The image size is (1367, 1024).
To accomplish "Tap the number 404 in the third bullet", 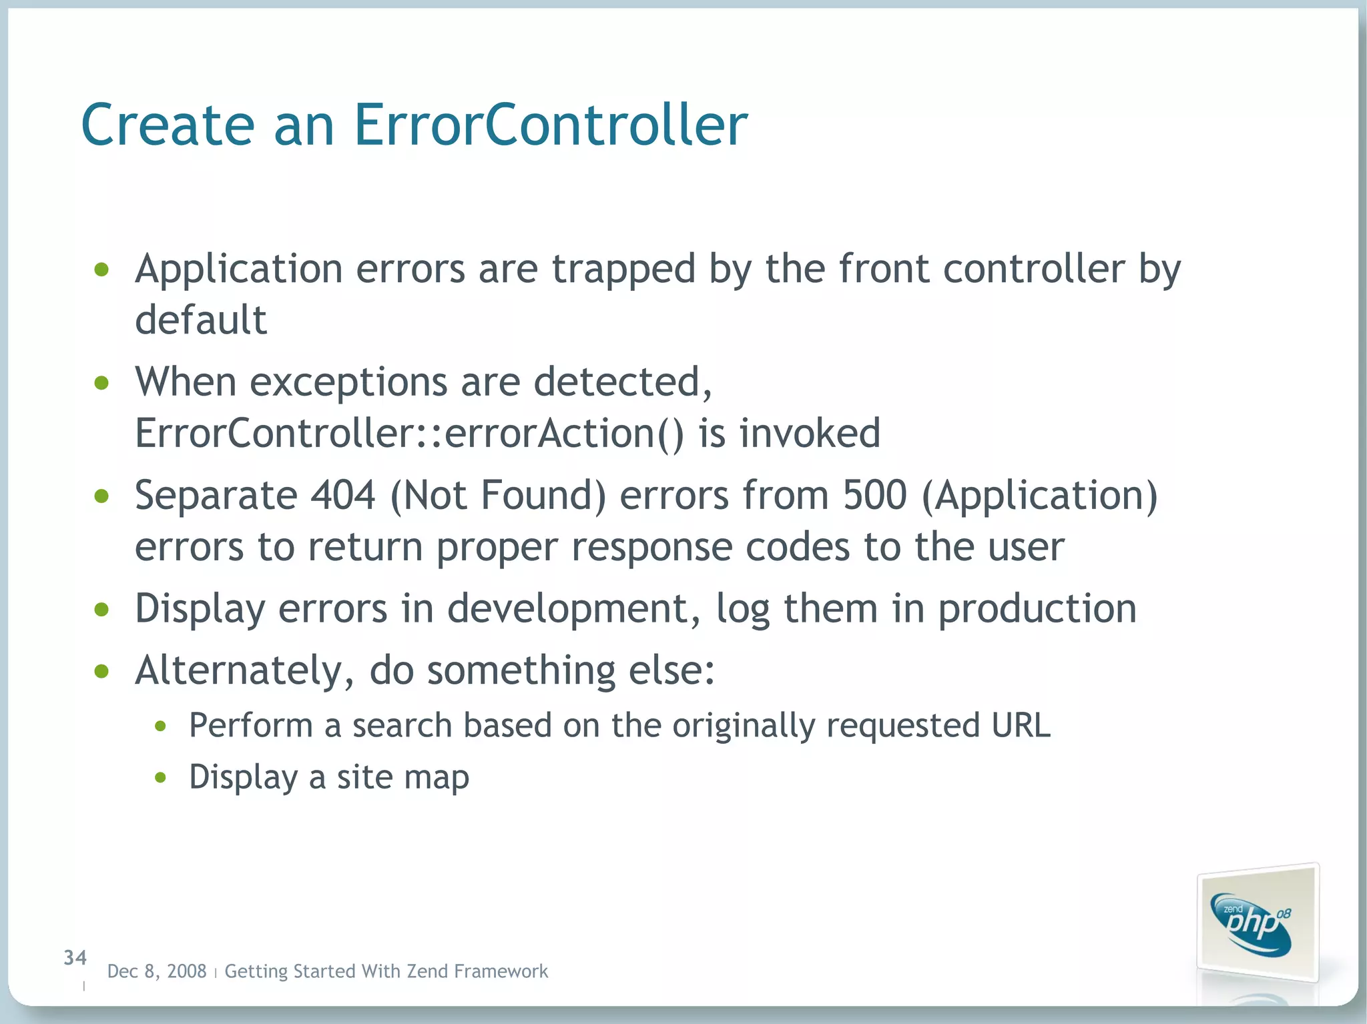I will click(x=343, y=496).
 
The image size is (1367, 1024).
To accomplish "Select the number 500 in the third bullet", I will click(x=874, y=496).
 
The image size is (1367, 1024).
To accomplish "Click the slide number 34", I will click(x=75, y=958).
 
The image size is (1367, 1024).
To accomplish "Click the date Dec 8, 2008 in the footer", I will click(x=157, y=971).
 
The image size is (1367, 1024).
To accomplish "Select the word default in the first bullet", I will click(x=201, y=320).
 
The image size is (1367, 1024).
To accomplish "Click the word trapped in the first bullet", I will click(x=623, y=270).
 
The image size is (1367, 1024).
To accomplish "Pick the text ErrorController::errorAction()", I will click(x=409, y=434).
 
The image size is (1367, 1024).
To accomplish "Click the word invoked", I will click(x=809, y=434).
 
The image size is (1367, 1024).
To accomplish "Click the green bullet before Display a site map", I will click(x=160, y=777).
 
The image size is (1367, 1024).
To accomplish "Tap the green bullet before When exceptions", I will click(x=101, y=383).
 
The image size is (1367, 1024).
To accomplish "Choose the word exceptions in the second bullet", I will click(x=348, y=383).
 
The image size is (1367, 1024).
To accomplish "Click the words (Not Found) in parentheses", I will click(x=498, y=496).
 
